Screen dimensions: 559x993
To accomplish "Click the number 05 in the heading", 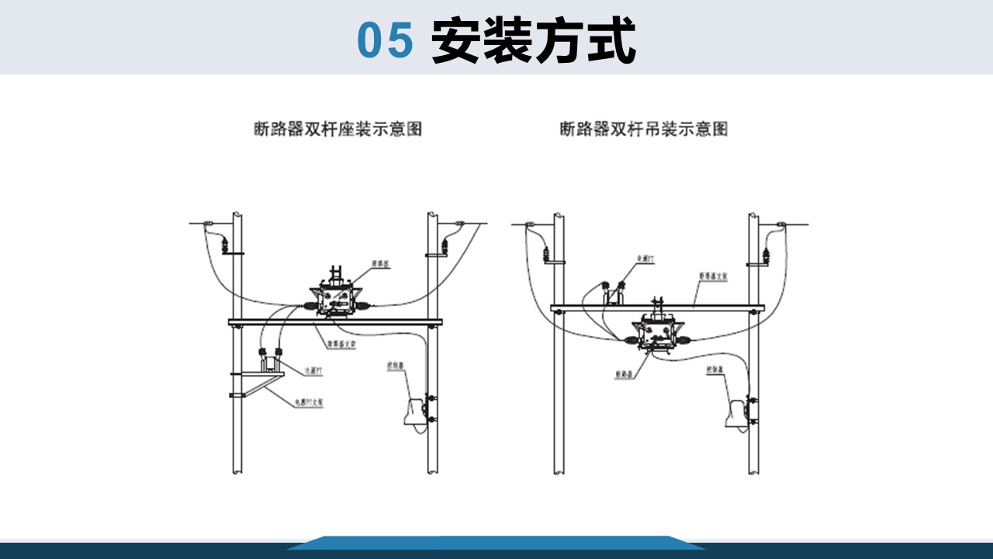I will pyautogui.click(x=385, y=40).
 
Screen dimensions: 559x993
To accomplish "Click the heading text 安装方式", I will pyautogui.click(x=534, y=40).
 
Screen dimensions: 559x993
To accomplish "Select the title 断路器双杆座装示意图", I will pyautogui.click(x=338, y=129).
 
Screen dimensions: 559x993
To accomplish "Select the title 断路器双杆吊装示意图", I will pyautogui.click(x=644, y=129).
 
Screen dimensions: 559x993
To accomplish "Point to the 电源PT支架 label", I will pyautogui.click(x=308, y=403).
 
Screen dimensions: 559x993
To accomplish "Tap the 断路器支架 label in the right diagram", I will pyautogui.click(x=713, y=275).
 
